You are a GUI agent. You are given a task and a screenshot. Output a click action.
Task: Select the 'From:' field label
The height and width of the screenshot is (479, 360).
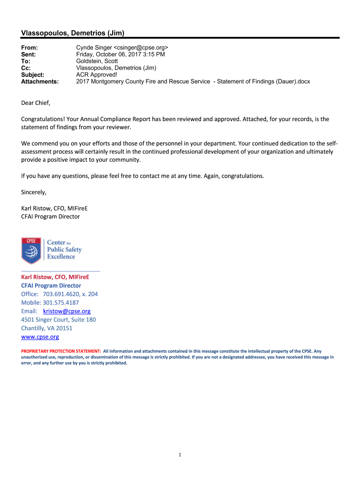(x=29, y=48)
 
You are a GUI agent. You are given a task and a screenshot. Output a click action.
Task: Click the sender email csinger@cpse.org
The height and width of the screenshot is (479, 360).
(x=141, y=48)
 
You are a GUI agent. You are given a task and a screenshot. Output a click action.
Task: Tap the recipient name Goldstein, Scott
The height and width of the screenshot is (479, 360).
(x=97, y=61)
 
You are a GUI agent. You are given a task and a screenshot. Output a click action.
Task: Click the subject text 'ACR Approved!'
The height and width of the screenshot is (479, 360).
(x=97, y=74)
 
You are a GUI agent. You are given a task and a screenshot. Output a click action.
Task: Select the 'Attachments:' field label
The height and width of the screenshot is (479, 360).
(x=40, y=81)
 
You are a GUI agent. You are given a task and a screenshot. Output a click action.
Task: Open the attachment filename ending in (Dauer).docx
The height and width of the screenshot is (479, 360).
(x=193, y=81)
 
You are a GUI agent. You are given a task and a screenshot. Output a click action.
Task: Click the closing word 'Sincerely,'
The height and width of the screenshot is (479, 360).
(x=34, y=192)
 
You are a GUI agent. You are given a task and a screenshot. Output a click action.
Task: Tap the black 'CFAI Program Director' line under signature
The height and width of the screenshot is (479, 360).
(x=50, y=217)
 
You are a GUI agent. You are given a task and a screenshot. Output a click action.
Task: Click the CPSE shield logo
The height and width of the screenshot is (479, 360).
(x=31, y=250)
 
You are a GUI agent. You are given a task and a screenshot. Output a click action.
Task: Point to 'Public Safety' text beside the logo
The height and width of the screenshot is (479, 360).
(x=64, y=250)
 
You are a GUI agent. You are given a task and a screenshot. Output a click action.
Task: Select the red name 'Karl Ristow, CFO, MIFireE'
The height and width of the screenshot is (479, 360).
(x=55, y=277)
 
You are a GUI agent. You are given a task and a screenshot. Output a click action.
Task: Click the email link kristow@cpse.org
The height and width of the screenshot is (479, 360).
(x=66, y=311)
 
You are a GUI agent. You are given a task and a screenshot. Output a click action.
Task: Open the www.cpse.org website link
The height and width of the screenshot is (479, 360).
(x=40, y=336)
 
